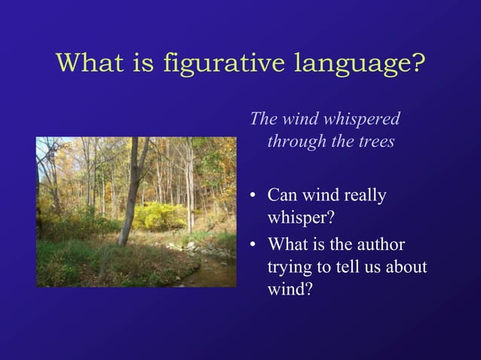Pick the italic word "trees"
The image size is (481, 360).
coord(375,142)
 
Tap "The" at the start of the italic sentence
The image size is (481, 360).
coord(263,119)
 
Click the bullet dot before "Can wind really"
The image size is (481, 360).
coord(254,197)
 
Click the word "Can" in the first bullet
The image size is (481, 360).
coord(282,196)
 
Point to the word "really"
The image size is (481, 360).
coord(365,196)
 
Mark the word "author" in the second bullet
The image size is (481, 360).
coord(381,245)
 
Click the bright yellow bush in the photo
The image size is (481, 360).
coord(160,215)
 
